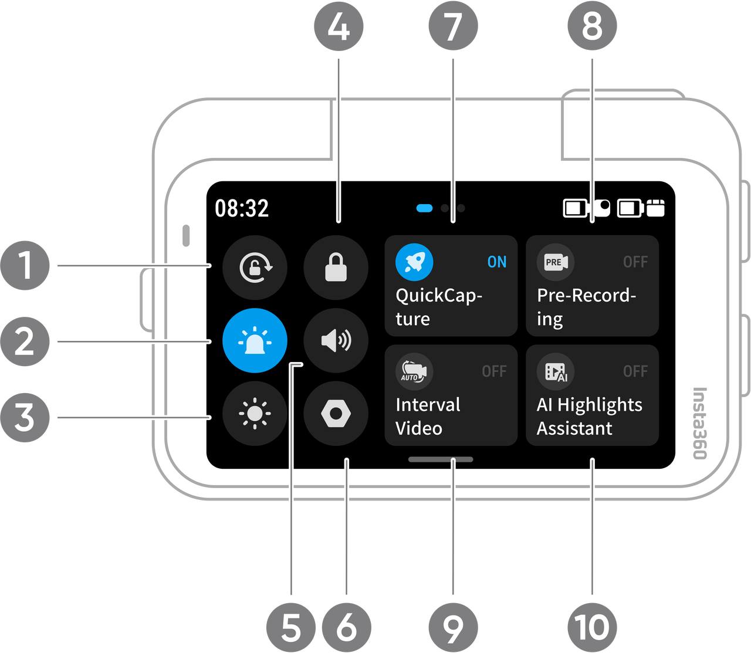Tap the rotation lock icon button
coord(255,267)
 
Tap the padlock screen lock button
coord(336,267)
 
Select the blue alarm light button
coord(255,341)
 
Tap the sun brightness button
coord(255,413)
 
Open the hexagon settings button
coord(336,413)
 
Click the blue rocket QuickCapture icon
coord(414,262)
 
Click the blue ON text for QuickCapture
coord(496,262)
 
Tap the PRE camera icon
coord(556,262)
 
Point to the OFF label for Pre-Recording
coord(635,262)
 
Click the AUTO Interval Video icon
coord(414,371)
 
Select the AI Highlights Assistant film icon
coord(556,371)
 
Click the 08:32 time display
coord(242,208)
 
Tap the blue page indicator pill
coord(424,208)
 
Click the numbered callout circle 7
coord(454,26)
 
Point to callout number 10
coord(592,627)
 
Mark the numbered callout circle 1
coord(25,265)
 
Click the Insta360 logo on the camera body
coord(699,423)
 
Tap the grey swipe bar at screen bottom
coord(441,459)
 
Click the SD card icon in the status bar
coord(655,208)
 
